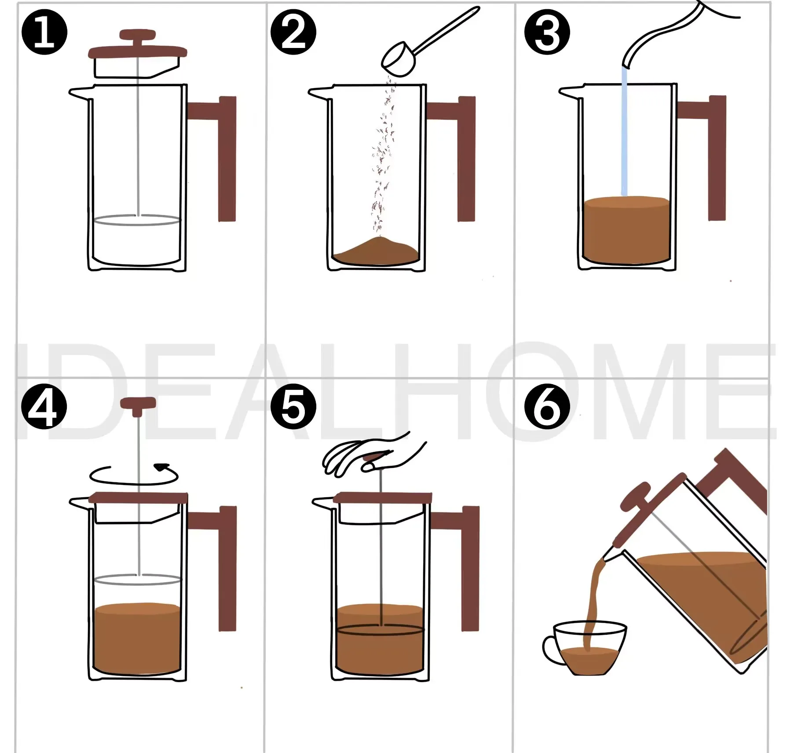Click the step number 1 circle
point(44,33)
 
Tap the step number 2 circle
point(293,33)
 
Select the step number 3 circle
point(547,33)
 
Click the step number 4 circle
point(44,406)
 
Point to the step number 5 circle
point(293,406)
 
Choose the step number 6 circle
point(547,406)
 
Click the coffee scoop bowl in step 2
point(398,60)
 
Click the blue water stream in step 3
point(624,132)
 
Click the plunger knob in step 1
point(138,34)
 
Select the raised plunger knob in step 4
point(138,403)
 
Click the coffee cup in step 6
point(589,647)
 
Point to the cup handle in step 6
point(550,649)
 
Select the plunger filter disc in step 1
point(137,220)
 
